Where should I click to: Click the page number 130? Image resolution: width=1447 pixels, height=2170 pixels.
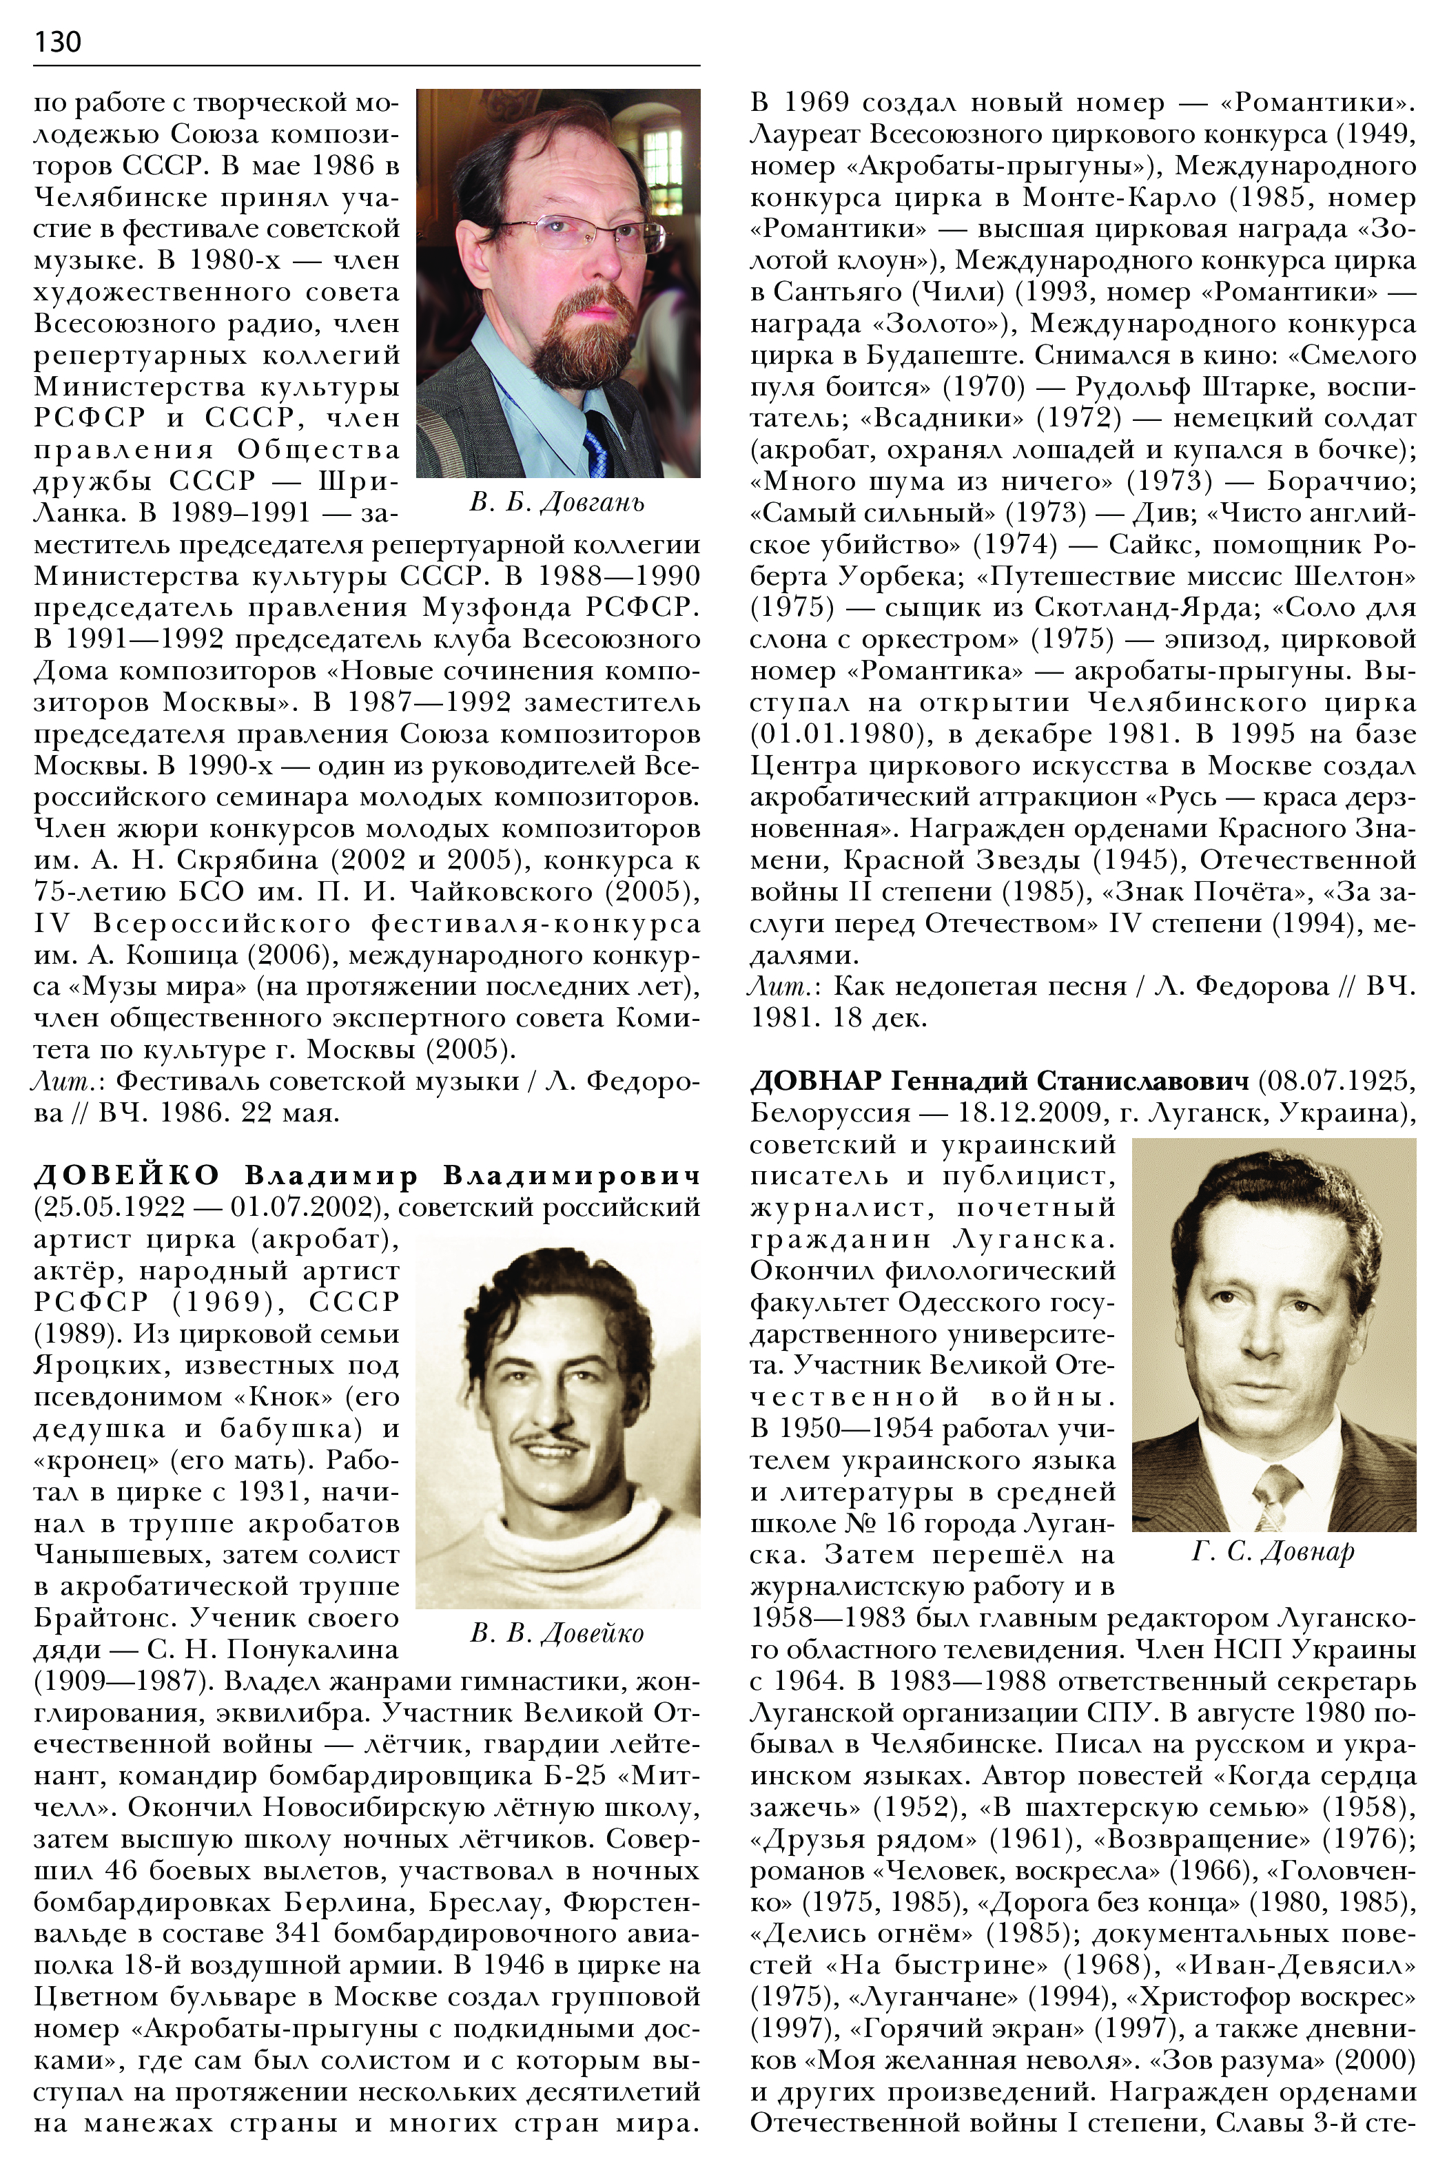(57, 41)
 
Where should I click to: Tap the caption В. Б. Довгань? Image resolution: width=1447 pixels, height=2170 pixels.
(557, 502)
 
